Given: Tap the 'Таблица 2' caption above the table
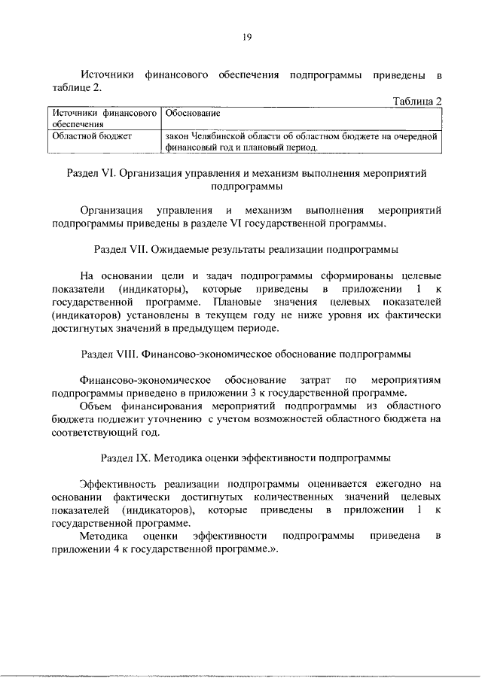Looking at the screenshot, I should [416, 101].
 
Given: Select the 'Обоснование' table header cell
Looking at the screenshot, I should [192, 113].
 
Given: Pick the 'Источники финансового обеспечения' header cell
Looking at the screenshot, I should [102, 118].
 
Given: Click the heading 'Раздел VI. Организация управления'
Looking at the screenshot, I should [246, 173].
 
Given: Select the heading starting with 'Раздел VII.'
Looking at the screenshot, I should [246, 248].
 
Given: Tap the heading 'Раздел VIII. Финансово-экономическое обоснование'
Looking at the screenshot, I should [246, 354].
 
